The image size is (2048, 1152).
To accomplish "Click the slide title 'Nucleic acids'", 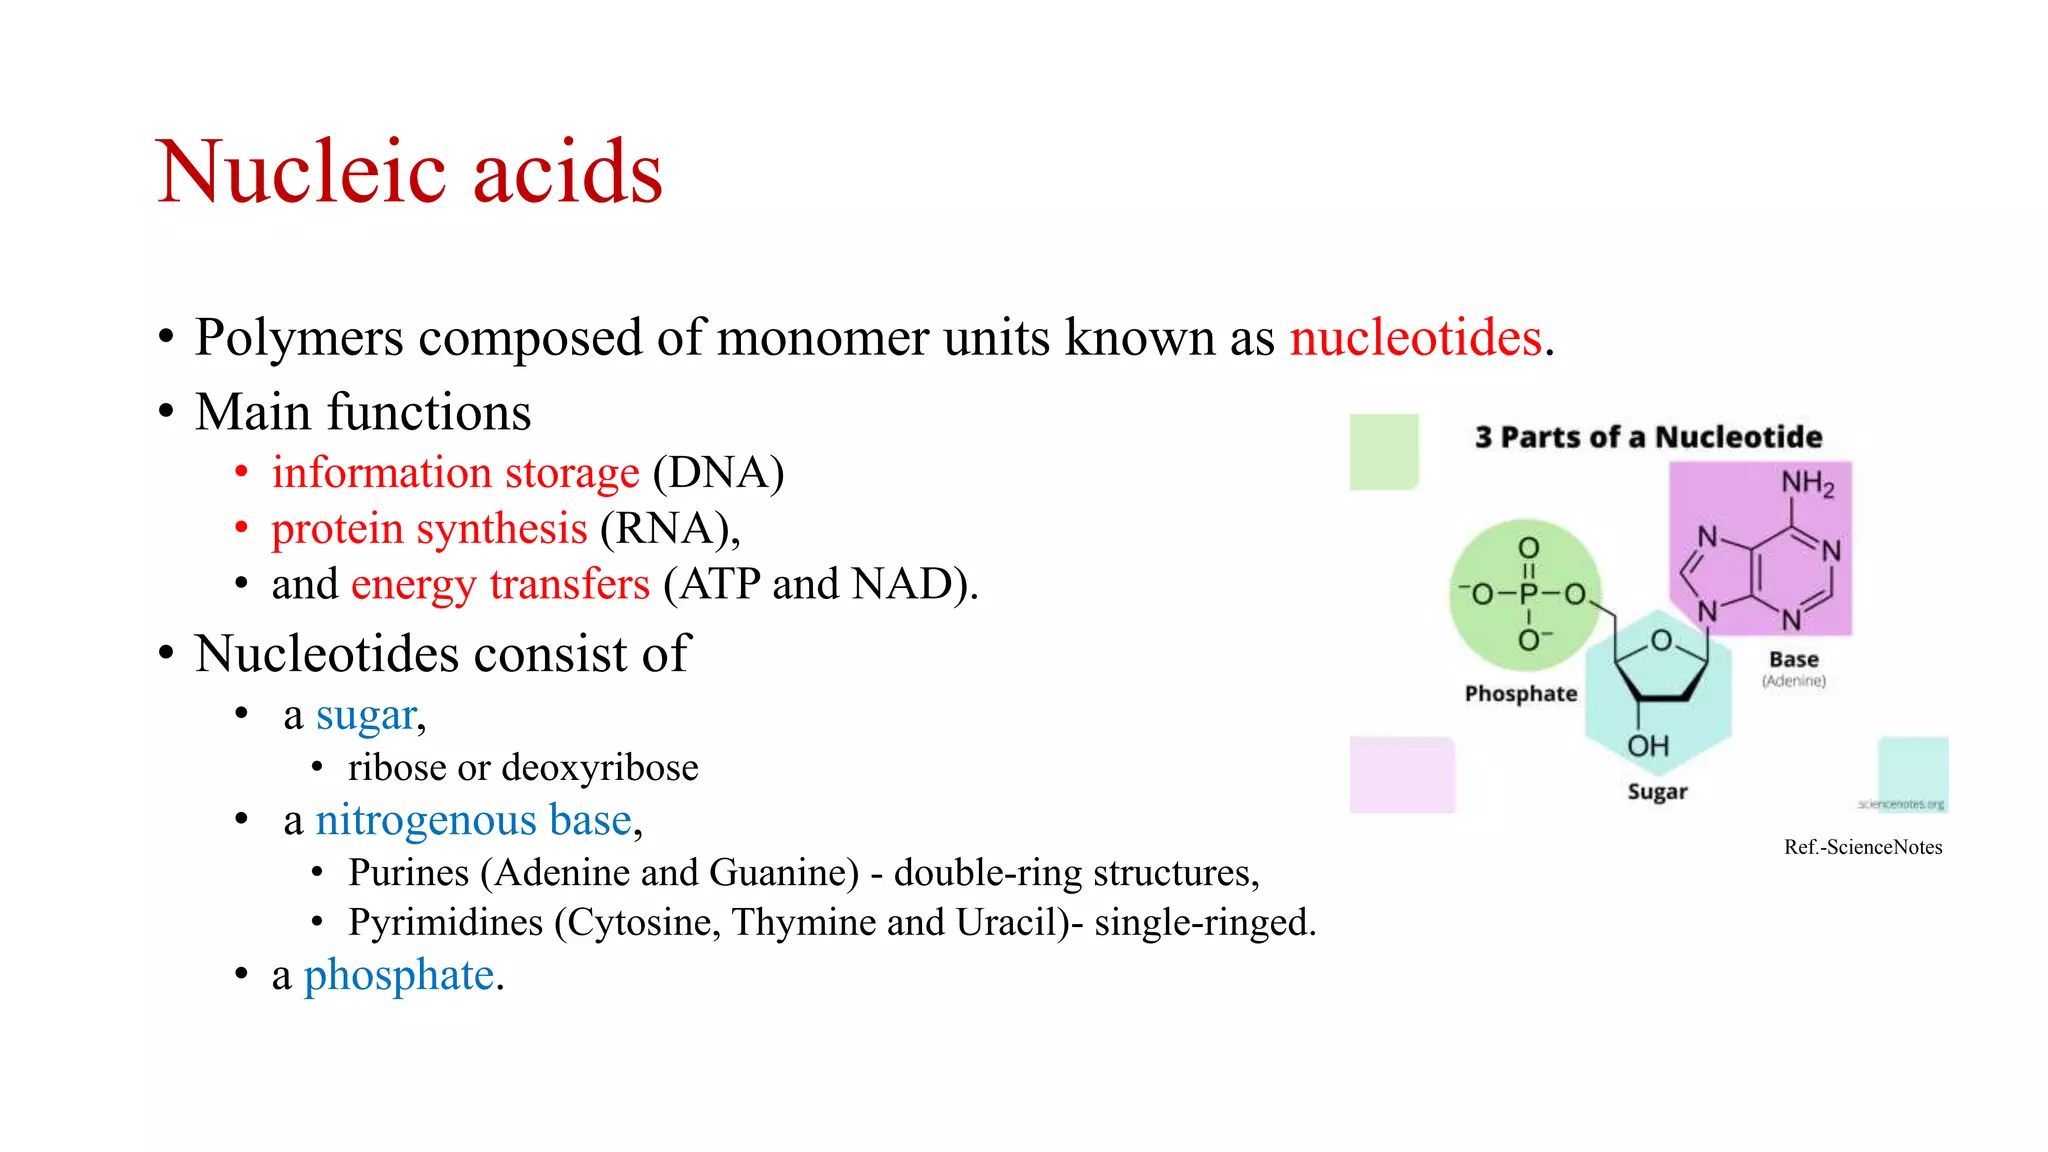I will pos(409,172).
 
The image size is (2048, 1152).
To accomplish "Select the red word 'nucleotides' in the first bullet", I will pos(1415,338).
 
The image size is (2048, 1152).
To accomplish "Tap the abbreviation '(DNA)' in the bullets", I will pos(718,473).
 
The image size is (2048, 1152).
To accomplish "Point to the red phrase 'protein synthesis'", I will pos(429,529).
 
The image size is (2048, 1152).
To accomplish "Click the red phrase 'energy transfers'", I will pos(500,584).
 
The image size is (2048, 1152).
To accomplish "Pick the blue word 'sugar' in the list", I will pos(366,716).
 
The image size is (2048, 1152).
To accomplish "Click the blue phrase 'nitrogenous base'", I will pos(474,820).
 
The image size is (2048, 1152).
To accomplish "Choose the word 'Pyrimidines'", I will pos(445,922).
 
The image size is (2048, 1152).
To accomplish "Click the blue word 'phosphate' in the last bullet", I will pos(399,975).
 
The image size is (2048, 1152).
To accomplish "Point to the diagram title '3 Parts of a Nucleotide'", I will pos(1648,437).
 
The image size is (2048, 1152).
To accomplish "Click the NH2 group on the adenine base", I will pos(1807,484).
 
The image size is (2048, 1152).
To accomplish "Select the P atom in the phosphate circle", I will pos(1528,594).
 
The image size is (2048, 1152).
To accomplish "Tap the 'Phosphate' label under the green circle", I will pos(1520,694).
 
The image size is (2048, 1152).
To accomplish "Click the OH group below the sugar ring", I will pos(1648,746).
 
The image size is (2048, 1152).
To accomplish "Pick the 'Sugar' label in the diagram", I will pos(1657,792).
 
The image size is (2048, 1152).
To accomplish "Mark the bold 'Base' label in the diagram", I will pos(1793,660).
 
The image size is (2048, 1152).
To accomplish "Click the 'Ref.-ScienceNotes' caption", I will pos(1863,847).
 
